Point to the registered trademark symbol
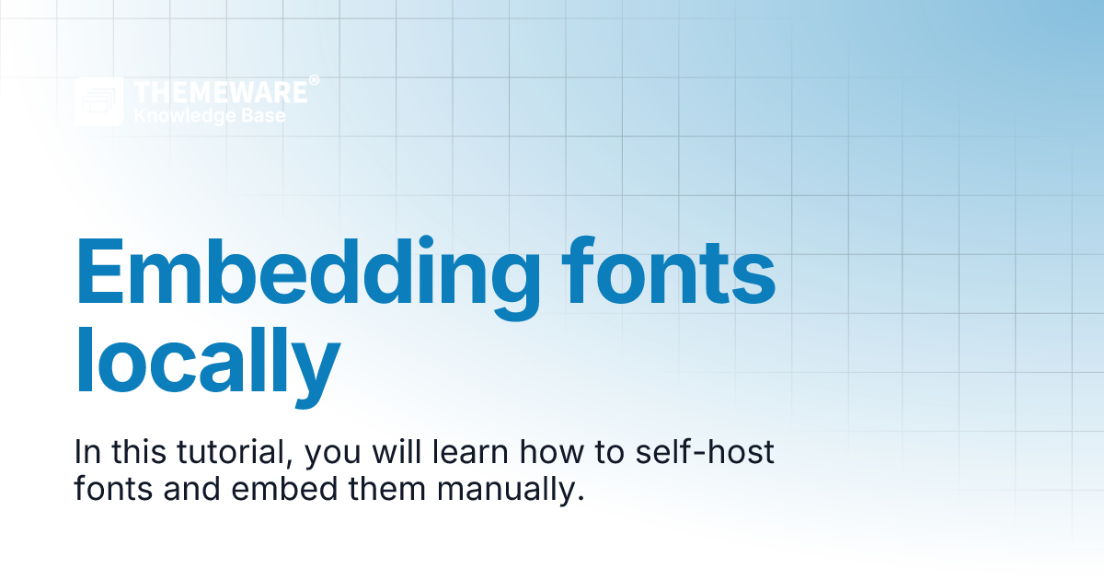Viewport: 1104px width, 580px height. pos(315,81)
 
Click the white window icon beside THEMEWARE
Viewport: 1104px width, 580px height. pos(98,101)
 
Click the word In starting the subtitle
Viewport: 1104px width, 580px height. pos(88,453)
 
